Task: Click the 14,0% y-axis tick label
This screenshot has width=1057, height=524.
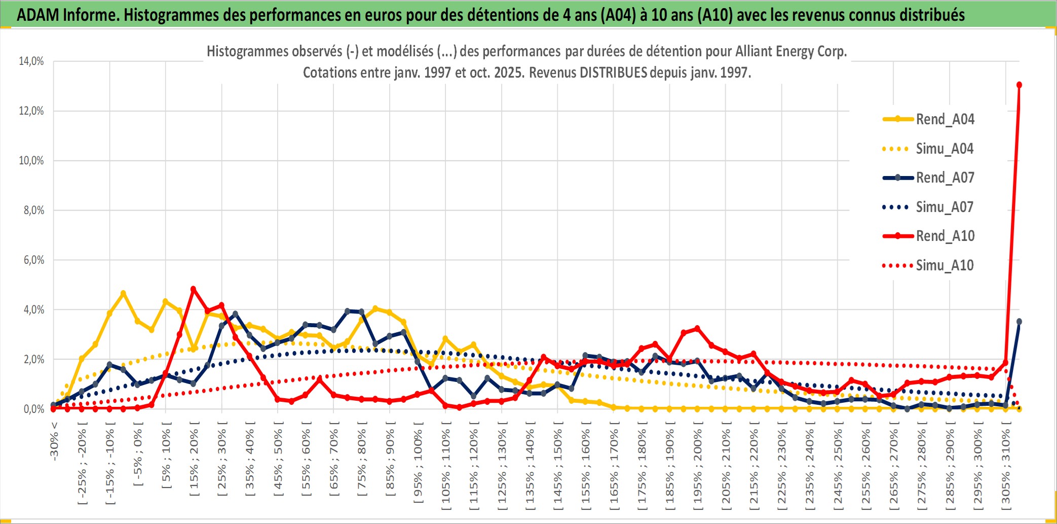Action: [x=31, y=61]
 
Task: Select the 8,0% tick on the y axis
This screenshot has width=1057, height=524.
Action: [x=33, y=211]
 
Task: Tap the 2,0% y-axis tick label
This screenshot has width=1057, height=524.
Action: [x=33, y=360]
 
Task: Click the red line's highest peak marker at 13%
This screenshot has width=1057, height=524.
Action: [x=1019, y=85]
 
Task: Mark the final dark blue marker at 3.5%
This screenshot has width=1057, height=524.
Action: [x=1019, y=322]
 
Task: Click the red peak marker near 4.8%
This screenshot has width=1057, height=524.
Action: [x=193, y=289]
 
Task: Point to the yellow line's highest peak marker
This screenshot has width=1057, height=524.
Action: [x=123, y=293]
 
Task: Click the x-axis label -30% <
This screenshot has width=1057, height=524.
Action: [x=54, y=441]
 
